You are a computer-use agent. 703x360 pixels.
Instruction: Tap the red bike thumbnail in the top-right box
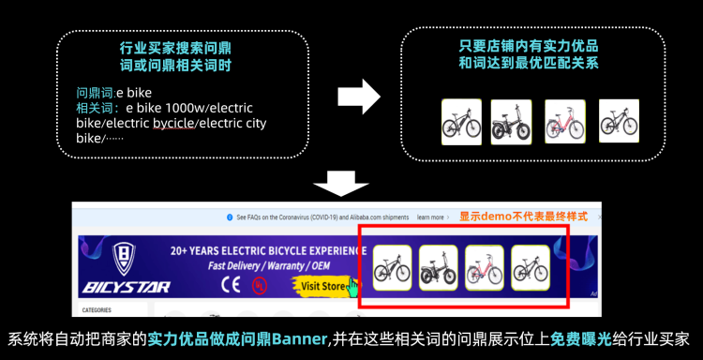pos(564,122)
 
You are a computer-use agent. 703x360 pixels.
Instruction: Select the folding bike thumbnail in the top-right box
pos(511,122)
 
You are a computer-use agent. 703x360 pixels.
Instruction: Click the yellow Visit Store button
pos(324,285)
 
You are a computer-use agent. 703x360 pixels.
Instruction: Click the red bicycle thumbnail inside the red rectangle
pos(485,268)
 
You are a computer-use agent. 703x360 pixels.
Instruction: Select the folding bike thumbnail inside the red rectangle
pos(439,268)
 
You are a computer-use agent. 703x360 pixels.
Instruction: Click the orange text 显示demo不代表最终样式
pos(523,217)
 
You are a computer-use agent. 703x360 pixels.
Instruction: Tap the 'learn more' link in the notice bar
pos(430,217)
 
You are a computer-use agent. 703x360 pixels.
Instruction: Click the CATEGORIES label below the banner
pos(97,309)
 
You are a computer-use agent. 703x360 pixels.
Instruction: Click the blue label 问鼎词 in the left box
pos(95,93)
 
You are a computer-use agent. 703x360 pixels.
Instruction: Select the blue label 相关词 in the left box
pos(95,108)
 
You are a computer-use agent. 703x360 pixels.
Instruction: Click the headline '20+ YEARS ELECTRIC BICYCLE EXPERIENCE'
pos(267,250)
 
